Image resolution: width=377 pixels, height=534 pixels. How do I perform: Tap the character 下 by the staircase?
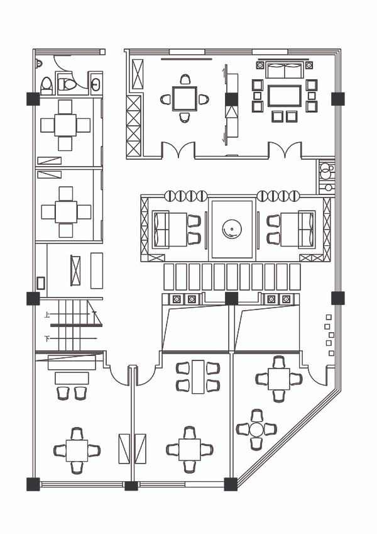(47, 339)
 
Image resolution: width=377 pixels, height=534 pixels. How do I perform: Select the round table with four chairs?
(256, 430)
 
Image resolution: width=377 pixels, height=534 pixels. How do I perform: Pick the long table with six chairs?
(198, 376)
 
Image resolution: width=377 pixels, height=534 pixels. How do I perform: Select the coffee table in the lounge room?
(285, 96)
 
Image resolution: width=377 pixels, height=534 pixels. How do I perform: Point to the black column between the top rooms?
(231, 99)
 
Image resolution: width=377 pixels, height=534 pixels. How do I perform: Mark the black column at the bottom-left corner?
(33, 484)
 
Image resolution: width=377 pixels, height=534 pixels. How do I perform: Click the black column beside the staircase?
(33, 298)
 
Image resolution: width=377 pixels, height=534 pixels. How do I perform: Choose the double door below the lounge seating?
(285, 151)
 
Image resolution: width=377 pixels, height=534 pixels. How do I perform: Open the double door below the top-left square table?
(178, 151)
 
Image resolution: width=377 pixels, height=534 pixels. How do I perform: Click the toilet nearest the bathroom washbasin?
(67, 83)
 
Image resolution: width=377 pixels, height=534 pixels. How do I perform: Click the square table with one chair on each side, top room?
(185, 99)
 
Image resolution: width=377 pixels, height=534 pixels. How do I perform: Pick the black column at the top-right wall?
(338, 99)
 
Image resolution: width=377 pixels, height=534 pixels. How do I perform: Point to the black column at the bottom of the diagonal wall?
(231, 484)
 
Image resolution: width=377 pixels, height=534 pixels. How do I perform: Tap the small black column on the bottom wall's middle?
(131, 486)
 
